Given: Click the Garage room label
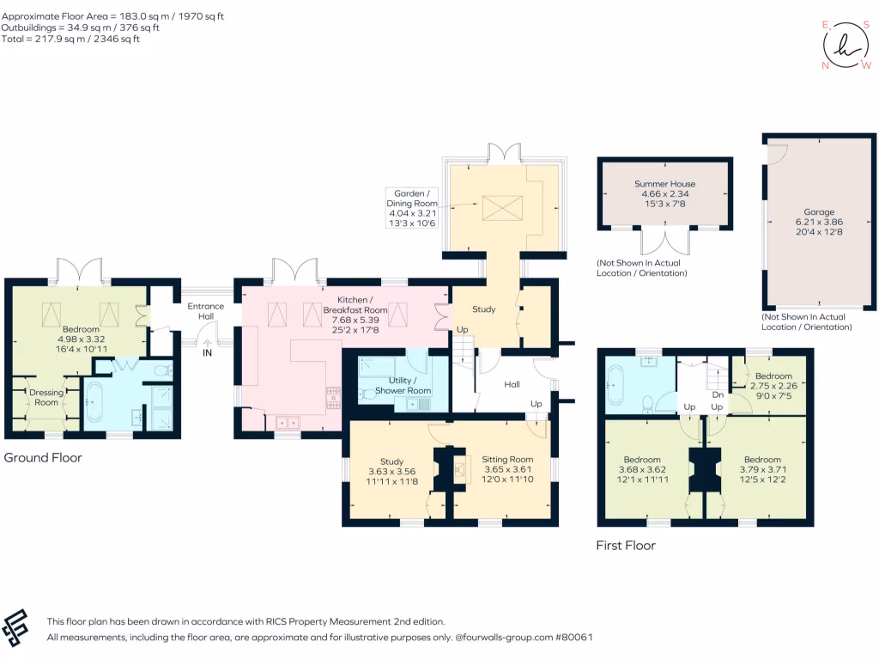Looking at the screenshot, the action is click(819, 212).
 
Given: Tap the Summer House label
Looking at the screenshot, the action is click(665, 184).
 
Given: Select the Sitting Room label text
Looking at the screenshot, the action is click(507, 459).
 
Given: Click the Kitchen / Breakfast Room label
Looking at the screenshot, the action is click(355, 305).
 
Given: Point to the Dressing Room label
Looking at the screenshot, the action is click(46, 397).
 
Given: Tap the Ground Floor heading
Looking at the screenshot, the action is click(43, 457).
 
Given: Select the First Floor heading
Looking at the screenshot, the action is click(626, 545).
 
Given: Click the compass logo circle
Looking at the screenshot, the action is click(846, 46).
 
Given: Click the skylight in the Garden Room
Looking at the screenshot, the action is click(502, 208).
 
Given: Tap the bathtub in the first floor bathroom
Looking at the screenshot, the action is click(613, 385).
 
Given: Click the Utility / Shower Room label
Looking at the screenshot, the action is click(403, 386).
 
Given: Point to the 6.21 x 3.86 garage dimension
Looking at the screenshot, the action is click(819, 222).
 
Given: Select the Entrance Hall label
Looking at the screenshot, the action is click(206, 311).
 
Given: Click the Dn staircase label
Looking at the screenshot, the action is click(718, 394).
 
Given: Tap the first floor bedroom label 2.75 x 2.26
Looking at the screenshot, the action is click(773, 386).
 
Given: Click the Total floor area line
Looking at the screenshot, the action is click(70, 39).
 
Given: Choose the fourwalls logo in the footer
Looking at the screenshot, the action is click(15, 628).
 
